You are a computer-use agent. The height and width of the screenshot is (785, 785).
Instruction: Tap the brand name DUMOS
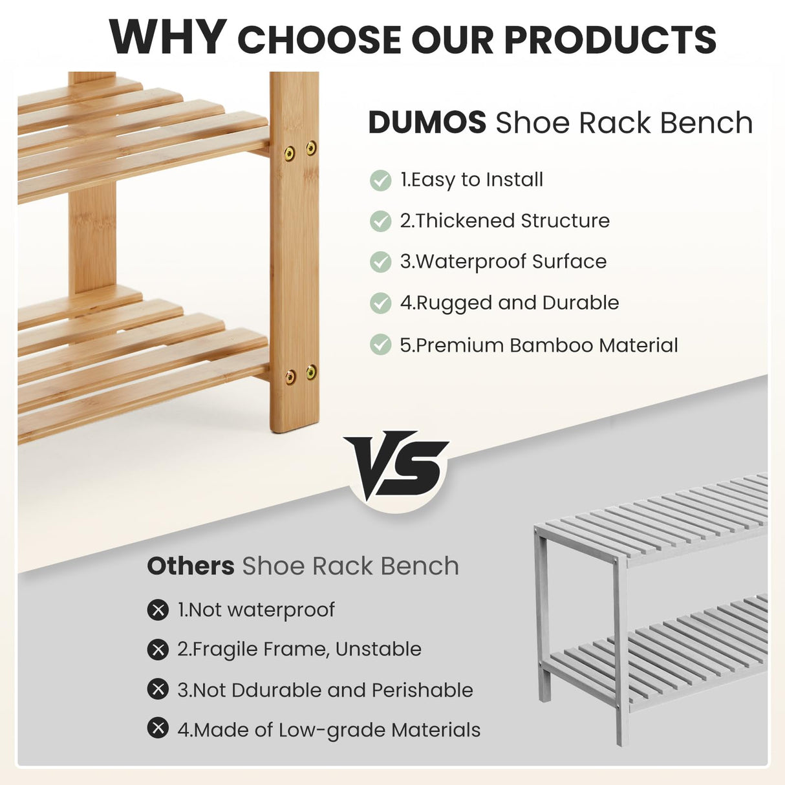427,123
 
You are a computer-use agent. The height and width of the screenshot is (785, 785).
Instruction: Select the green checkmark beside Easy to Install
380,180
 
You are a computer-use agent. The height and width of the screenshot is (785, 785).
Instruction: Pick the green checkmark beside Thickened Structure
380,221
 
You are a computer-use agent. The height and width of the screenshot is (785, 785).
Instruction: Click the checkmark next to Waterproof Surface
380,262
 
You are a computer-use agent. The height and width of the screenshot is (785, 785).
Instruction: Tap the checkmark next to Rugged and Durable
380,303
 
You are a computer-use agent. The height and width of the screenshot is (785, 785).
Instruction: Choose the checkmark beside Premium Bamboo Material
380,345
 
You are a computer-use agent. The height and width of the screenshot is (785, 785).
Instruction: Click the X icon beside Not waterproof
158,610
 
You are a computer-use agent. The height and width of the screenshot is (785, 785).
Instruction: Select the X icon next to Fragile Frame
158,649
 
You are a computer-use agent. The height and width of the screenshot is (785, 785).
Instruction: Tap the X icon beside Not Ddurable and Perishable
158,689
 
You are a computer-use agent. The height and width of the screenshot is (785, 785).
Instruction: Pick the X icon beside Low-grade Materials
158,729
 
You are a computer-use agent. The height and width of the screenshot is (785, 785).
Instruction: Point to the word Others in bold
190,566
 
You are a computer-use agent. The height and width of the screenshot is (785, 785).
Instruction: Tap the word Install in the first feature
514,180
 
